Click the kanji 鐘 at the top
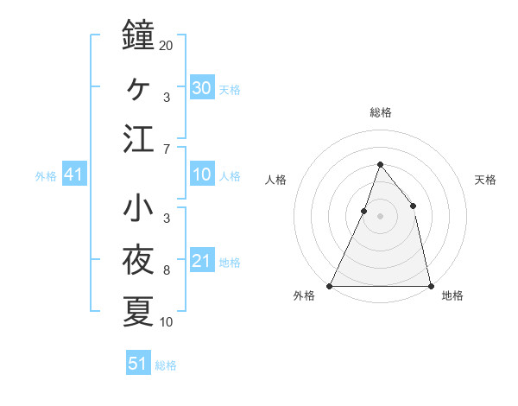(x=138, y=35)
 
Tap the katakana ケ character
(x=138, y=89)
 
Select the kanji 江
(x=138, y=138)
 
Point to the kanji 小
(x=138, y=207)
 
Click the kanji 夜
(x=138, y=259)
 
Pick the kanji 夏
(x=138, y=311)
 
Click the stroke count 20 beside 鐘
(x=166, y=46)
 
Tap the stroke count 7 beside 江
(x=167, y=149)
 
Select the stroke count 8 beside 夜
(x=167, y=270)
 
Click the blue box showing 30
(x=202, y=87)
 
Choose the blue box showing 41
(x=74, y=174)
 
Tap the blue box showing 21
(x=202, y=259)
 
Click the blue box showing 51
(x=138, y=362)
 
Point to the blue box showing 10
(x=202, y=174)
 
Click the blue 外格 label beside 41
(x=46, y=176)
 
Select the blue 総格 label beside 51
(x=166, y=365)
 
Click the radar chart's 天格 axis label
(x=485, y=180)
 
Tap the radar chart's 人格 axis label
(x=275, y=180)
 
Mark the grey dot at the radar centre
(x=380, y=216)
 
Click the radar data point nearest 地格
(x=431, y=286)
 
